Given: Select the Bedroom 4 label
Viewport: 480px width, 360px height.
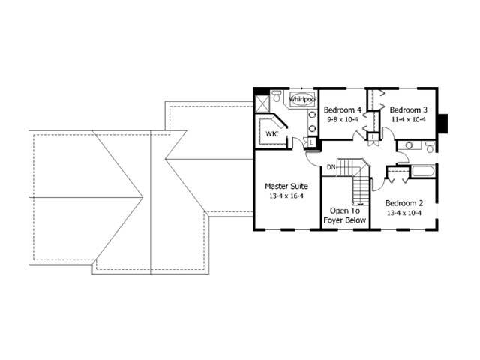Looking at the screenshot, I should coord(343,110).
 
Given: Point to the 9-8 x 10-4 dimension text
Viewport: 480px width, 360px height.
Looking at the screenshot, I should coord(343,119).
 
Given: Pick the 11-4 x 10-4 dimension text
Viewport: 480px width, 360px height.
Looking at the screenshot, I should coord(408,119).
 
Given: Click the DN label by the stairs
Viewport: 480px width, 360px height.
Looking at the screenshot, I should coord(331,166).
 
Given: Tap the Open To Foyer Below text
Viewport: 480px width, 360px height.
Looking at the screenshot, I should coord(345,216).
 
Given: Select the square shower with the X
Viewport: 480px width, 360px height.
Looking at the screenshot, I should coord(262,103).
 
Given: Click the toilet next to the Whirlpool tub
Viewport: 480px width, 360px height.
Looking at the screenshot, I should coord(277,96).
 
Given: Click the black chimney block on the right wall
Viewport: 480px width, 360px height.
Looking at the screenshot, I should coord(443,122).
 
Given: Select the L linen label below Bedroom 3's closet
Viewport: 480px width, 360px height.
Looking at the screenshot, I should coord(373,137).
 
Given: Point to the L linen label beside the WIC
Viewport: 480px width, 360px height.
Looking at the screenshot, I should coord(311,143).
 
